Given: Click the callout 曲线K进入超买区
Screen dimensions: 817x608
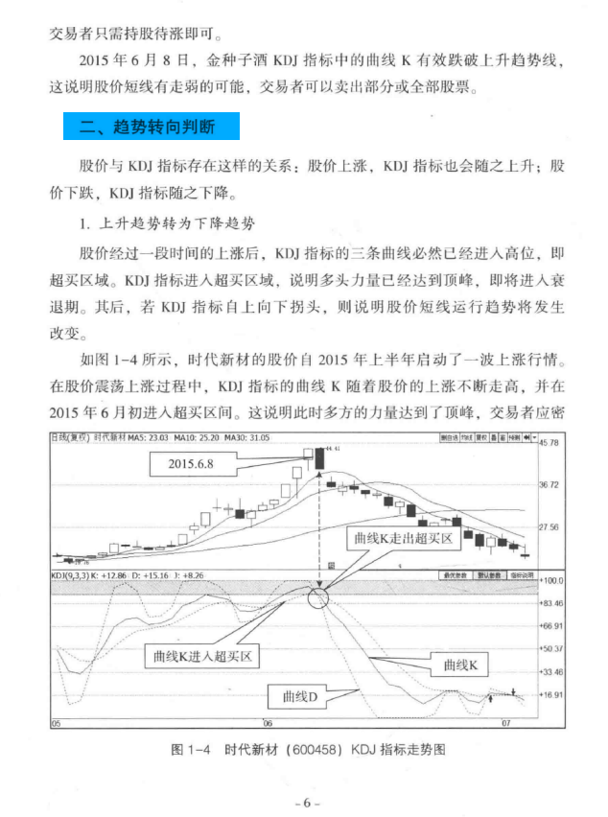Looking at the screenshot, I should coord(207,658).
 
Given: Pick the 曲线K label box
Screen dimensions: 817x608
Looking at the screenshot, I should coord(466,664).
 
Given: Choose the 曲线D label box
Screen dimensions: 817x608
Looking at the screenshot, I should coord(299,696).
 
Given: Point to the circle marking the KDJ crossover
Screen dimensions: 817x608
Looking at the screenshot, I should coord(318,601).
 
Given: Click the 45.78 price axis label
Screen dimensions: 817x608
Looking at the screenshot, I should coord(549,443).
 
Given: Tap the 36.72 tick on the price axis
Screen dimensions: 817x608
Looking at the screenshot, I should coord(549,485).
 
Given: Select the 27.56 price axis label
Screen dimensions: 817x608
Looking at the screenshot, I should coord(549,527).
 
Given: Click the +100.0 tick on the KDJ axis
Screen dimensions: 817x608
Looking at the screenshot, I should coord(550,581).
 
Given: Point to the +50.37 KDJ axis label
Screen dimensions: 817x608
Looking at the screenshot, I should coord(550,649).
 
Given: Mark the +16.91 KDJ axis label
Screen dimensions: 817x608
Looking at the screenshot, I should coord(550,694).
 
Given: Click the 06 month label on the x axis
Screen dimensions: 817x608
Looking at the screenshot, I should coord(268,723).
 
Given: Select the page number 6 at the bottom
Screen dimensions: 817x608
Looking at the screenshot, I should coord(305,802).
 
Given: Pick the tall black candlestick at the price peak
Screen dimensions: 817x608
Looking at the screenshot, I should coord(318,459).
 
